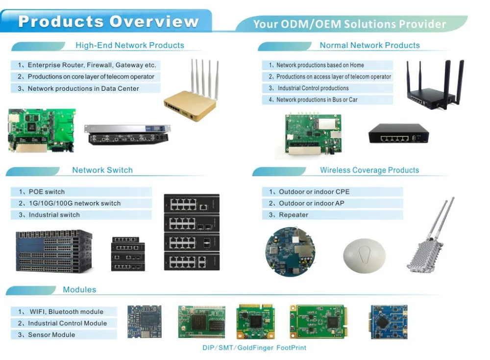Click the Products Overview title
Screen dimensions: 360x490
(108, 22)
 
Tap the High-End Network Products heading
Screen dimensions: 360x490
(129, 45)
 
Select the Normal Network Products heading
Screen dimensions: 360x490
(369, 45)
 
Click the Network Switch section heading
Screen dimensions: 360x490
(102, 170)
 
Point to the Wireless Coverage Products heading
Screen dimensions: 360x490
(369, 170)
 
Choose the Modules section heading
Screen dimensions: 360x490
(79, 289)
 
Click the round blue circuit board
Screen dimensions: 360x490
(290, 252)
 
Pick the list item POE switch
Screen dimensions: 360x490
(47, 192)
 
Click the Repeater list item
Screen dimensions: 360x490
(294, 215)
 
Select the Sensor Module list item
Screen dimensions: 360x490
(51, 334)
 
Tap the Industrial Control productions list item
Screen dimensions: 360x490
(313, 88)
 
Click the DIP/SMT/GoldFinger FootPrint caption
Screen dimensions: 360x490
(254, 348)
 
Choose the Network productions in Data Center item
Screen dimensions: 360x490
(83, 89)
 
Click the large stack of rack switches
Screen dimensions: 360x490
(54, 251)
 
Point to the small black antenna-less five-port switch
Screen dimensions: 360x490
(398, 133)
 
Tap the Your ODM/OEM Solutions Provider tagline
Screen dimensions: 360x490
(349, 24)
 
